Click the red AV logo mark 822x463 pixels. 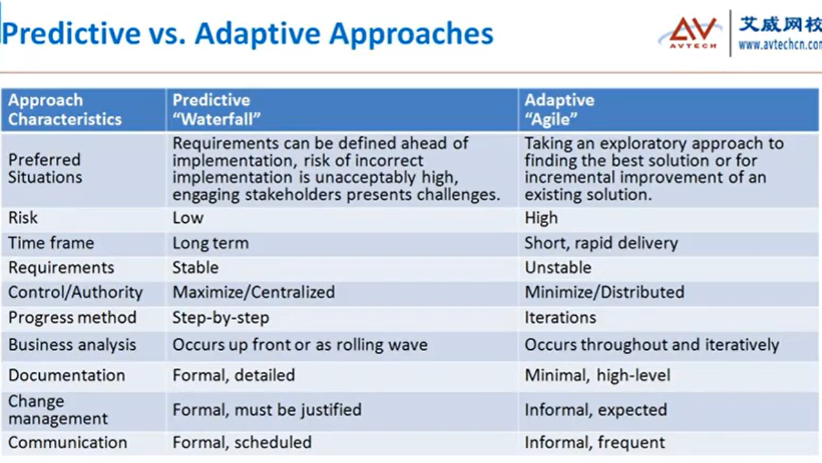[x=692, y=32]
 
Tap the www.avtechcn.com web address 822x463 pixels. [x=780, y=45]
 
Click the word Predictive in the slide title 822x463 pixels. [x=71, y=33]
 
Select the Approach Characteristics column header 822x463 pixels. [x=64, y=109]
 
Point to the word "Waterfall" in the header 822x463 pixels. [x=217, y=119]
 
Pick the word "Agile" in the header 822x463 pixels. [x=551, y=119]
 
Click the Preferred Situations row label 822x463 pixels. [x=45, y=168]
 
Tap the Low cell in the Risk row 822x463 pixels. [x=188, y=218]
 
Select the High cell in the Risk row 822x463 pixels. [x=541, y=218]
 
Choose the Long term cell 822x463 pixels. [x=211, y=242]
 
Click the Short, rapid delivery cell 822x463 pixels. [x=601, y=243]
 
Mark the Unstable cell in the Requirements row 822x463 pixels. [x=558, y=268]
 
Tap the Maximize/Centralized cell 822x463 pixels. [x=254, y=292]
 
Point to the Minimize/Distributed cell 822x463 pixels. [x=604, y=292]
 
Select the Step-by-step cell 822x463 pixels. [x=220, y=318]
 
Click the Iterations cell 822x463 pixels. [x=560, y=317]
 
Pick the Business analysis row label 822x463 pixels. [x=72, y=345]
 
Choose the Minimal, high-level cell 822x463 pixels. [x=598, y=376]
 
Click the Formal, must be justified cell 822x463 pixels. [x=267, y=410]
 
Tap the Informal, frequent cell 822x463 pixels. [x=594, y=442]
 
